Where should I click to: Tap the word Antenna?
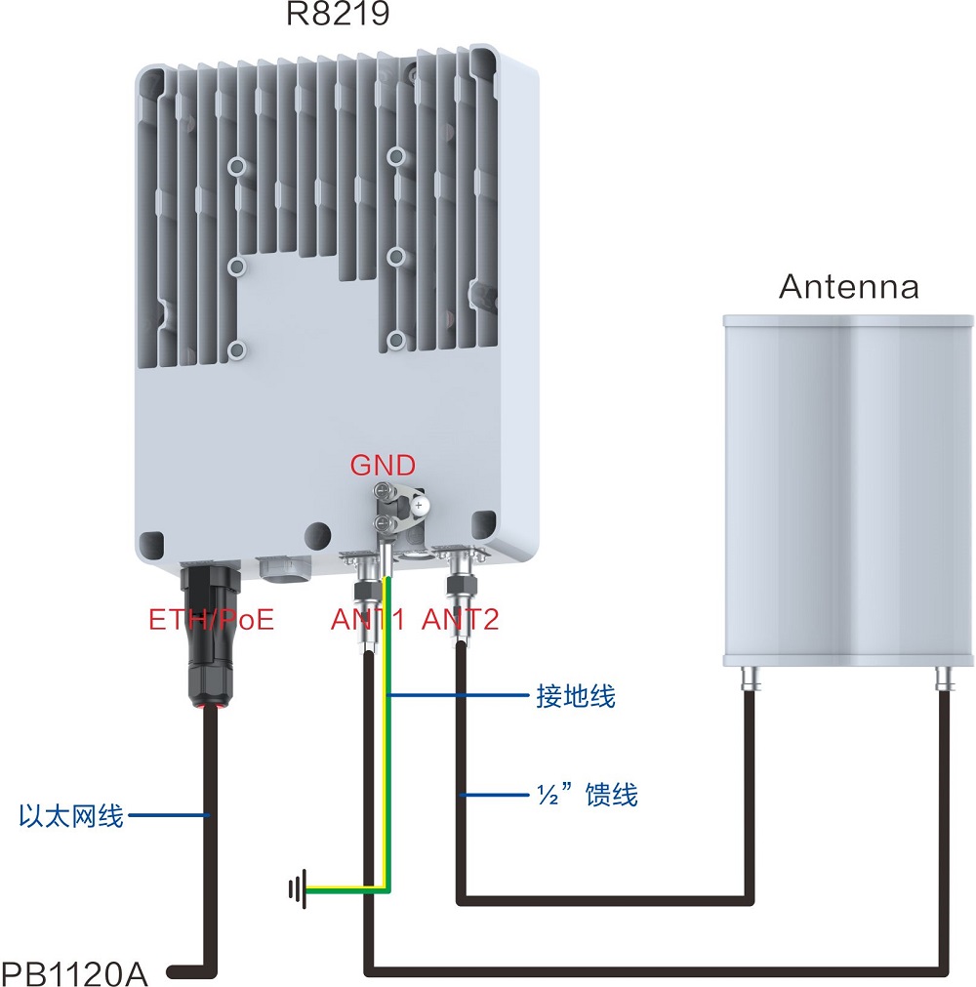click(848, 286)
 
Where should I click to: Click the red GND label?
click(383, 465)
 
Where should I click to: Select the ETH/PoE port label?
click(211, 619)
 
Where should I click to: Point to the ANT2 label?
click(460, 619)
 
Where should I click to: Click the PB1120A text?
click(74, 972)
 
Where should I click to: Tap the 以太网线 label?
click(71, 815)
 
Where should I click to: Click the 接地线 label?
click(576, 696)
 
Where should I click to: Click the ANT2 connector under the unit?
click(458, 591)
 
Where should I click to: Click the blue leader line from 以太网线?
click(166, 814)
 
